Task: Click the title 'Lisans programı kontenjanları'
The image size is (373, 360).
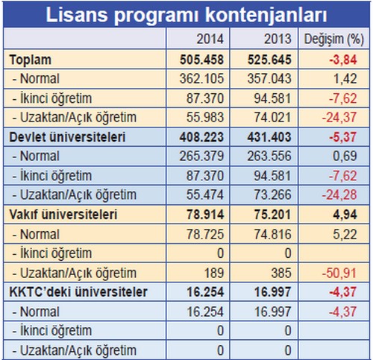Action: [186, 14]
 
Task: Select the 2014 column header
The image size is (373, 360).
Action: [210, 39]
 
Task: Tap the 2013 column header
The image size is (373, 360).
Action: [278, 39]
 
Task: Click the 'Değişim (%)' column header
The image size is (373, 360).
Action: [334, 40]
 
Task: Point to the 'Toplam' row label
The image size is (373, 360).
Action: [31, 60]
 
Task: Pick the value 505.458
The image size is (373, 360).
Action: [201, 60]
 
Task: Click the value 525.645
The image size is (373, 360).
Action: [269, 60]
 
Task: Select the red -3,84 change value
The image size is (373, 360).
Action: [343, 60]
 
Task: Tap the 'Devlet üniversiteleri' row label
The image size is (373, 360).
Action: [67, 137]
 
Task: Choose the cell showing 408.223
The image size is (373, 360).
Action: [201, 137]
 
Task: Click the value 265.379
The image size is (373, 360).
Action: [201, 156]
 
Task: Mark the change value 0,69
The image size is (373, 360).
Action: [345, 157]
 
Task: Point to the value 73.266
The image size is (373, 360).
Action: [272, 195]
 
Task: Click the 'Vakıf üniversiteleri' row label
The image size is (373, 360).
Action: [63, 215]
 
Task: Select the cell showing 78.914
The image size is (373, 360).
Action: [205, 215]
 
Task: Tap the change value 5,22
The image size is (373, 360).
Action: [345, 234]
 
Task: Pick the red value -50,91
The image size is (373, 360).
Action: [339, 273]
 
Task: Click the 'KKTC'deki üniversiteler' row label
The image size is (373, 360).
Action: [78, 292]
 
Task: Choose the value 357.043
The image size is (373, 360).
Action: [269, 79]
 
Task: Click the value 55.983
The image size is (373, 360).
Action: [205, 117]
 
